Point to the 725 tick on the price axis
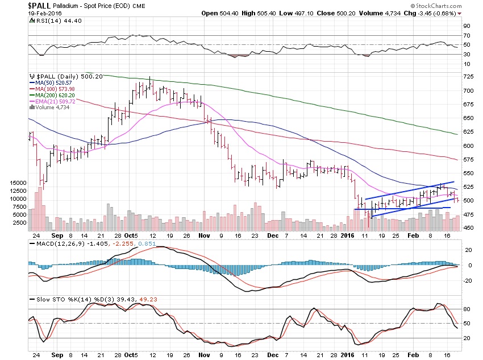coord(467,77)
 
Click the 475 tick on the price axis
coord(467,214)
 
